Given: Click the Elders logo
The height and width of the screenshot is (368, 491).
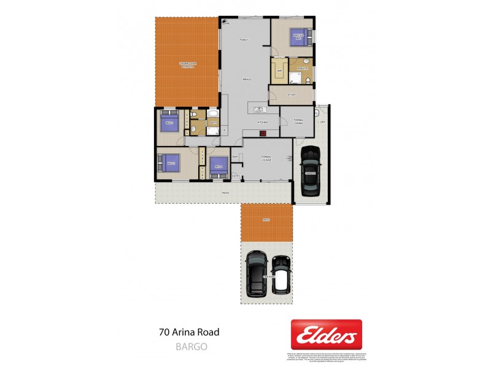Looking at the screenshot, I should tap(326, 334).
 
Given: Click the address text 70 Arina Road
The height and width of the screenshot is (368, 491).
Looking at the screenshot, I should tap(188, 332).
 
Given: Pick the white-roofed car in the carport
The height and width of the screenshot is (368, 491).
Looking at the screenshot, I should tap(281, 273).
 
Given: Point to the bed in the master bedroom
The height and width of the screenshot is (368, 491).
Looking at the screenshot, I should tap(300, 36).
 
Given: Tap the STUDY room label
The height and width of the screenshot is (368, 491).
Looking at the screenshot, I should tap(292, 94).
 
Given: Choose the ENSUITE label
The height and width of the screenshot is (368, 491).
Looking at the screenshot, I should tap(302, 69).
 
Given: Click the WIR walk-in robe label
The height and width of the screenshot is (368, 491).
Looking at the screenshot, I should tap(279, 71).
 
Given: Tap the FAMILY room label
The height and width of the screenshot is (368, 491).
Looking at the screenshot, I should tap(243, 40).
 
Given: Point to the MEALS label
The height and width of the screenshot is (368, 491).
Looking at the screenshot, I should tap(247, 79).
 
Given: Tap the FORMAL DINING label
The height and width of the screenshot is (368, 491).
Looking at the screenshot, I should tap(299, 121).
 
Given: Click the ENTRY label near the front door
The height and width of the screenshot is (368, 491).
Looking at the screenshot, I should tap(236, 176).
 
